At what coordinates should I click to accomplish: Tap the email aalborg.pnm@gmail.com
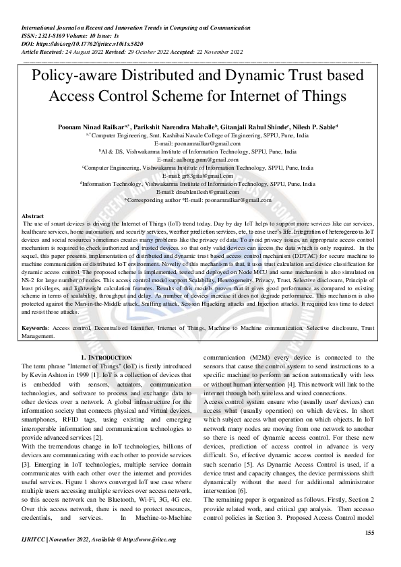(x=202, y=160)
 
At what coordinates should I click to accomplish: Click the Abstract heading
(x=33, y=216)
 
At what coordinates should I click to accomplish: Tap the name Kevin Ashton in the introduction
(x=48, y=372)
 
